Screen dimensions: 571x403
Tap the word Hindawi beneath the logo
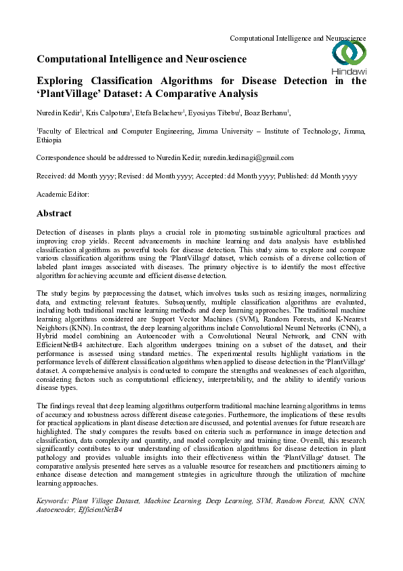tap(349, 71)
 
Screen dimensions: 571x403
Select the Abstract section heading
tap(54, 213)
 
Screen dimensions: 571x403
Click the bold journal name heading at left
tap(142, 60)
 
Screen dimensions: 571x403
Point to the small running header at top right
tap(298, 38)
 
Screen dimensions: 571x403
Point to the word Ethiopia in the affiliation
tap(49, 140)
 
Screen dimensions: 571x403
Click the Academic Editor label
tap(62, 194)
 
